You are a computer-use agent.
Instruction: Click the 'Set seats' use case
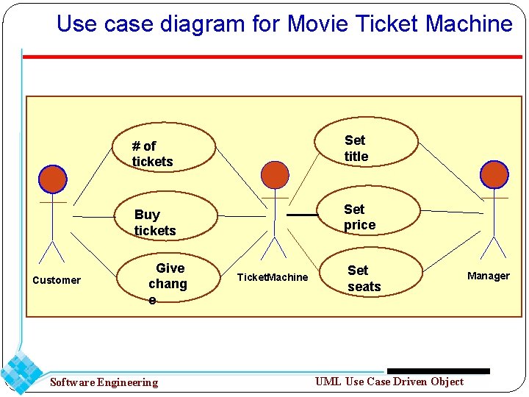pos(364,278)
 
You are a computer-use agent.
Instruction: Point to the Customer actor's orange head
pos(53,179)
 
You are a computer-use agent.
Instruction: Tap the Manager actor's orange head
pos(494,175)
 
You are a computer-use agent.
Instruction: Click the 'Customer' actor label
pos(57,280)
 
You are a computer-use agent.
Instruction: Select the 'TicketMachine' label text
pos(272,277)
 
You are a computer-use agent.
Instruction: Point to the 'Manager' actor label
pos(489,276)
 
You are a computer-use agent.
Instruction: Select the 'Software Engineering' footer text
pos(104,382)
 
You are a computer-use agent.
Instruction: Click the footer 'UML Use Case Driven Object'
pos(389,381)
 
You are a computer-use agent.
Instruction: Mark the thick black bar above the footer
pos(438,371)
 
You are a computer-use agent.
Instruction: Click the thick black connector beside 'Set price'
pos(301,215)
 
